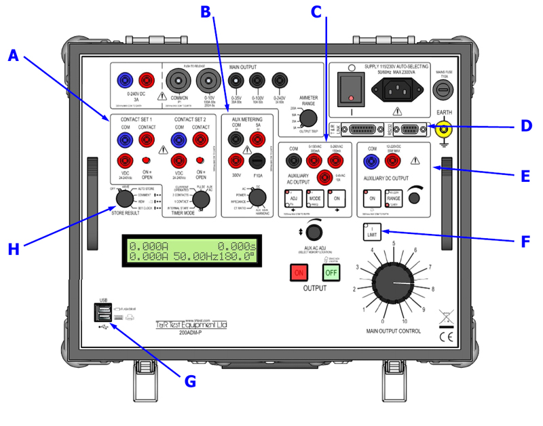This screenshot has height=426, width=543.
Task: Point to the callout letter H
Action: (x=14, y=249)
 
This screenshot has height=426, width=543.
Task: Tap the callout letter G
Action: (x=190, y=381)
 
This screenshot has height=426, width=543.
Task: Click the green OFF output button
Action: (x=331, y=273)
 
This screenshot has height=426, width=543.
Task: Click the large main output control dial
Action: (x=393, y=286)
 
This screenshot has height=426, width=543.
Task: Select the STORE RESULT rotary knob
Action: (x=124, y=199)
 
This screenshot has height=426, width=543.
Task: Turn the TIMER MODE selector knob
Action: (x=200, y=199)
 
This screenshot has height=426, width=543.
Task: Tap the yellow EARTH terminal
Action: (x=446, y=127)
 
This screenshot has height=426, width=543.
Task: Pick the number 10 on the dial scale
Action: (x=406, y=322)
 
